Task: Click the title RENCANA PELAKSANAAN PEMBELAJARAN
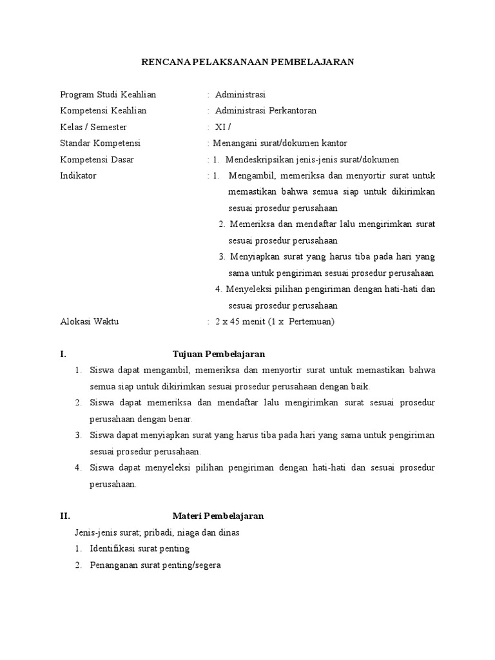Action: pos(247,62)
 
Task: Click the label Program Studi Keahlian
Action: pos(108,95)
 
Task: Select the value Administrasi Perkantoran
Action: pos(266,110)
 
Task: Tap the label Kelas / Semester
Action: pos(93,127)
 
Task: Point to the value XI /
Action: pos(222,127)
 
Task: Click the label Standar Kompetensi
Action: pos(100,143)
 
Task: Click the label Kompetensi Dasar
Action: pos(97,159)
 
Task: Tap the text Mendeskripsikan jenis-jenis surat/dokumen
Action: pos(312,159)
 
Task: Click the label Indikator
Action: pos(78,175)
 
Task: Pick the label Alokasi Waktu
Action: pos(90,321)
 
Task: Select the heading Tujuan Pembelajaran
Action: pos(218,354)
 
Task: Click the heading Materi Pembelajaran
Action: pos(218,516)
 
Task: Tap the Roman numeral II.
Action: pos(64,516)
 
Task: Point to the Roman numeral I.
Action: pos(62,354)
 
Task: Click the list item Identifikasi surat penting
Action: pos(139,548)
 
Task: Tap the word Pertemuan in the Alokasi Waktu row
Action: pos(311,321)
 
